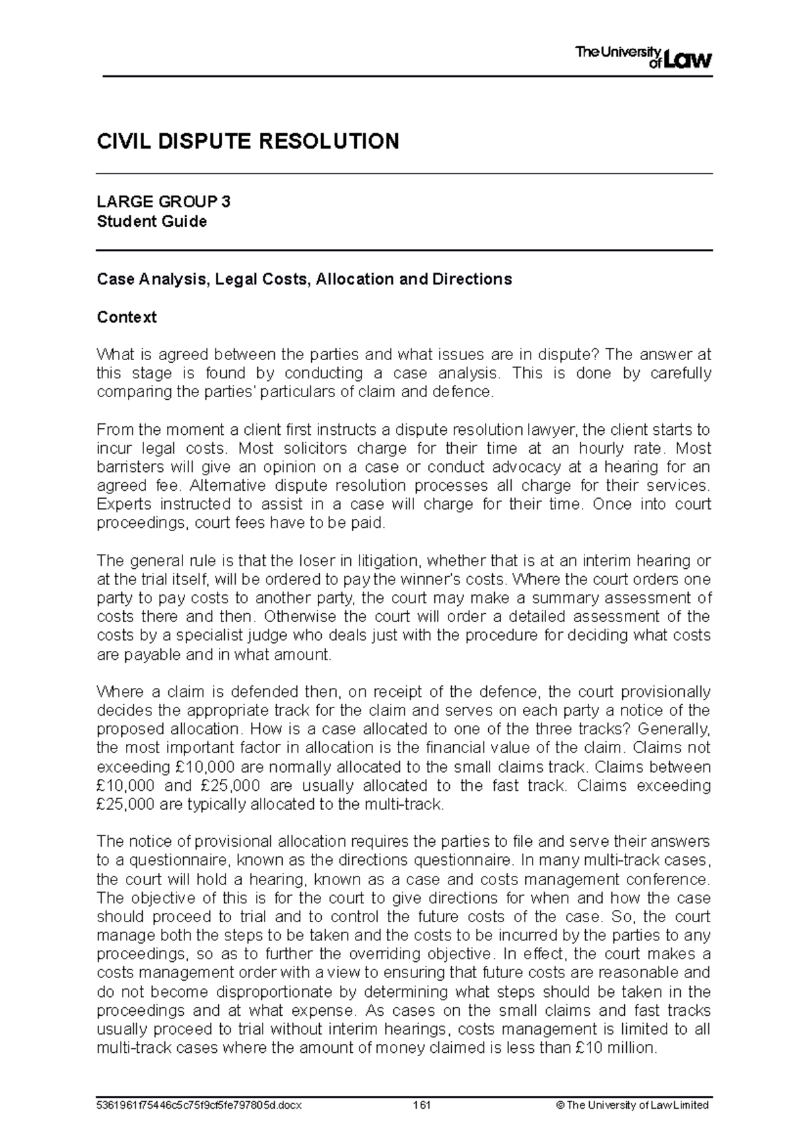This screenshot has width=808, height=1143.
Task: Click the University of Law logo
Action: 643,58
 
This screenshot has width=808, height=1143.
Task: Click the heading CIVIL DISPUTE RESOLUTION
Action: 248,141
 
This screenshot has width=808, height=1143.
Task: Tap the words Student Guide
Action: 151,221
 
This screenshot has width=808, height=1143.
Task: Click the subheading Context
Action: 127,317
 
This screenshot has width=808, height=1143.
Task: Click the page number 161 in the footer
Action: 422,1105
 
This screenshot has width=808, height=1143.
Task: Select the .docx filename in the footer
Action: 200,1105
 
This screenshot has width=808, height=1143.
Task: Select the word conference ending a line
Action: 667,879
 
